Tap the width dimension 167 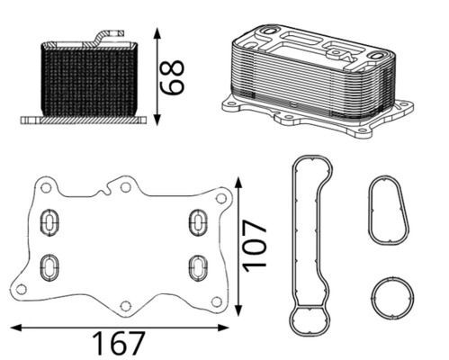click(x=119, y=342)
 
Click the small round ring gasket click(x=392, y=296)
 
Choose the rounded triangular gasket click(x=390, y=211)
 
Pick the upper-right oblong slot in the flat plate click(x=196, y=220)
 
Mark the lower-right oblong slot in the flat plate click(x=195, y=266)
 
